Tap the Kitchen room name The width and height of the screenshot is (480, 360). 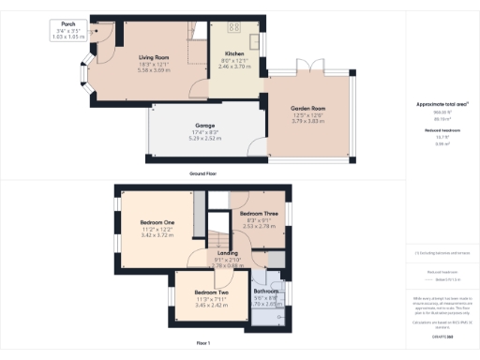click(234, 55)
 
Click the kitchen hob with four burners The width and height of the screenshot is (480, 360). click(233, 27)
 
